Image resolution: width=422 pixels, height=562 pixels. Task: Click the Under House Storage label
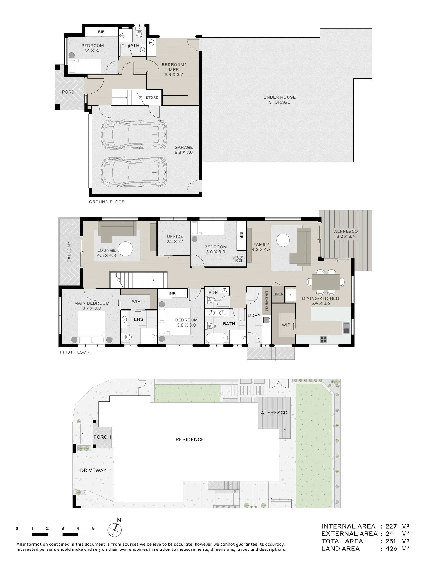tap(279, 100)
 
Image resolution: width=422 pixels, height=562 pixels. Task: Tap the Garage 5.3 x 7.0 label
tap(184, 150)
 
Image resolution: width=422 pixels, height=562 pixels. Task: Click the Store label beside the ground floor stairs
tap(152, 98)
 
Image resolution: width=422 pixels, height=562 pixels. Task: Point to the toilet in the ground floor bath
tap(139, 33)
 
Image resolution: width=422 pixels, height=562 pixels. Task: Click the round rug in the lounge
tap(125, 249)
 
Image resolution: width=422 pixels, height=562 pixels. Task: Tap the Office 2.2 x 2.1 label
tap(175, 239)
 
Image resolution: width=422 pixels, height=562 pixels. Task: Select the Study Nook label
tap(238, 259)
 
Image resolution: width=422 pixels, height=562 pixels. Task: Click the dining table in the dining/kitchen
tap(326, 282)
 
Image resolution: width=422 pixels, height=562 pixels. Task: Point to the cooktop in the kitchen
tap(324, 339)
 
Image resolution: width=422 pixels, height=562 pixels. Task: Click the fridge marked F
tap(291, 295)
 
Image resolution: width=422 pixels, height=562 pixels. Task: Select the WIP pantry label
tap(286, 325)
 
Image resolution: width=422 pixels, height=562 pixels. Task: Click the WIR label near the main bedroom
tap(136, 301)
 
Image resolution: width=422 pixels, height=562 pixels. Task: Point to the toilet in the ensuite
tap(127, 337)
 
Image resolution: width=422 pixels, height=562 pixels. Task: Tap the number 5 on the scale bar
tap(93, 528)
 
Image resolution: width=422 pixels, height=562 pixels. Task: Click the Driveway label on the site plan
tap(93, 470)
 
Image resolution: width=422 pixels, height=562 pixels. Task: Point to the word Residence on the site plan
tap(190, 439)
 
